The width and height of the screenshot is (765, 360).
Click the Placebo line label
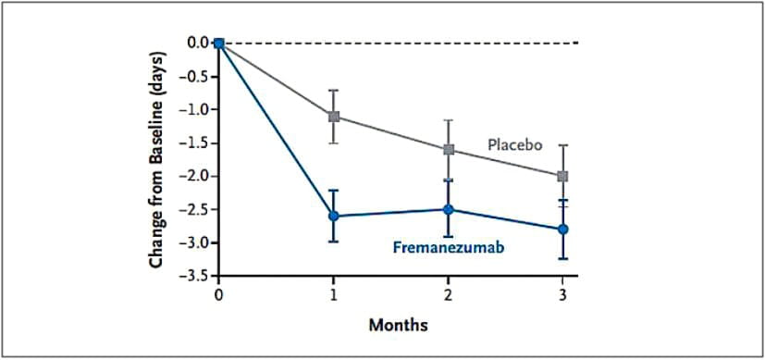click(514, 143)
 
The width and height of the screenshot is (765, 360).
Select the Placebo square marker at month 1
click(334, 117)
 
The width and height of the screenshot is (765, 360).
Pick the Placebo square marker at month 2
click(449, 149)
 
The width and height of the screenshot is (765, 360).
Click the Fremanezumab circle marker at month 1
click(334, 216)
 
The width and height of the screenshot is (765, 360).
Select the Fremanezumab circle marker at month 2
click(449, 209)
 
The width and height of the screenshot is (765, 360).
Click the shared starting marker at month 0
click(219, 43)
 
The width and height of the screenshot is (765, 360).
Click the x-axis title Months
click(398, 326)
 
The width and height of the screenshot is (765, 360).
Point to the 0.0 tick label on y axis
click(196, 43)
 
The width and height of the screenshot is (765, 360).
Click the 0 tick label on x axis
click(219, 293)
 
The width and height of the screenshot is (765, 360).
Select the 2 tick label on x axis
click(449, 293)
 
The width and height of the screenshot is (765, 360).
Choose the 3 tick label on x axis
click(563, 293)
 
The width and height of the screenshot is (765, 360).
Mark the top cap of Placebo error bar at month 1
click(334, 91)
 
